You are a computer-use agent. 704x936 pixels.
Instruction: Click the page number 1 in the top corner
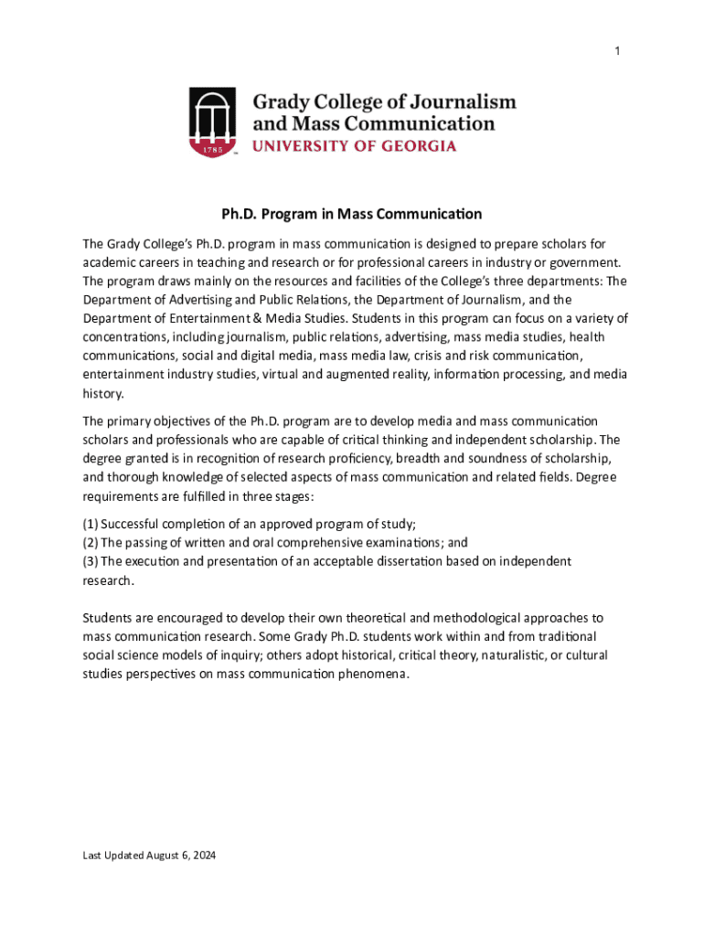(617, 51)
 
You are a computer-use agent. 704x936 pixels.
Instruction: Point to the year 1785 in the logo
(212, 146)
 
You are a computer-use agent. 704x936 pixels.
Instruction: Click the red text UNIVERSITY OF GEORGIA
(354, 146)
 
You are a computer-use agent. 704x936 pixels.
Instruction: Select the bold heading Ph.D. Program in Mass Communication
(352, 215)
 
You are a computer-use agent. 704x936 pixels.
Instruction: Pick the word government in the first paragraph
(585, 262)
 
